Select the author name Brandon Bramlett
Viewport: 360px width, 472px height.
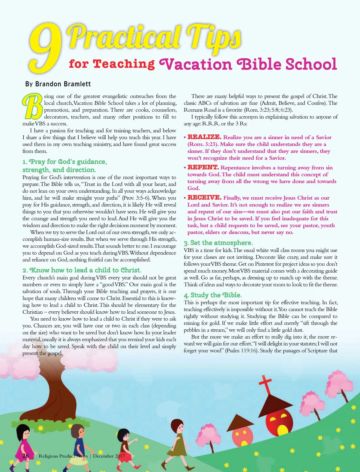point(63,84)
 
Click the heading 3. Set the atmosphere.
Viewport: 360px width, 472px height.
point(218,243)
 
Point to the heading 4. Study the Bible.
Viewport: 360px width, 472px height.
point(213,295)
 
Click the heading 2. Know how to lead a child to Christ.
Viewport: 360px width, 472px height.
point(82,270)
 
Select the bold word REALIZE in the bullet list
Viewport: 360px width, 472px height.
point(204,137)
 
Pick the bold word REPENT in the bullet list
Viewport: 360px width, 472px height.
point(203,167)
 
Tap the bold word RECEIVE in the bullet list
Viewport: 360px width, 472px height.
point(204,197)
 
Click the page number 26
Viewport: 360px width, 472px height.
point(26,456)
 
